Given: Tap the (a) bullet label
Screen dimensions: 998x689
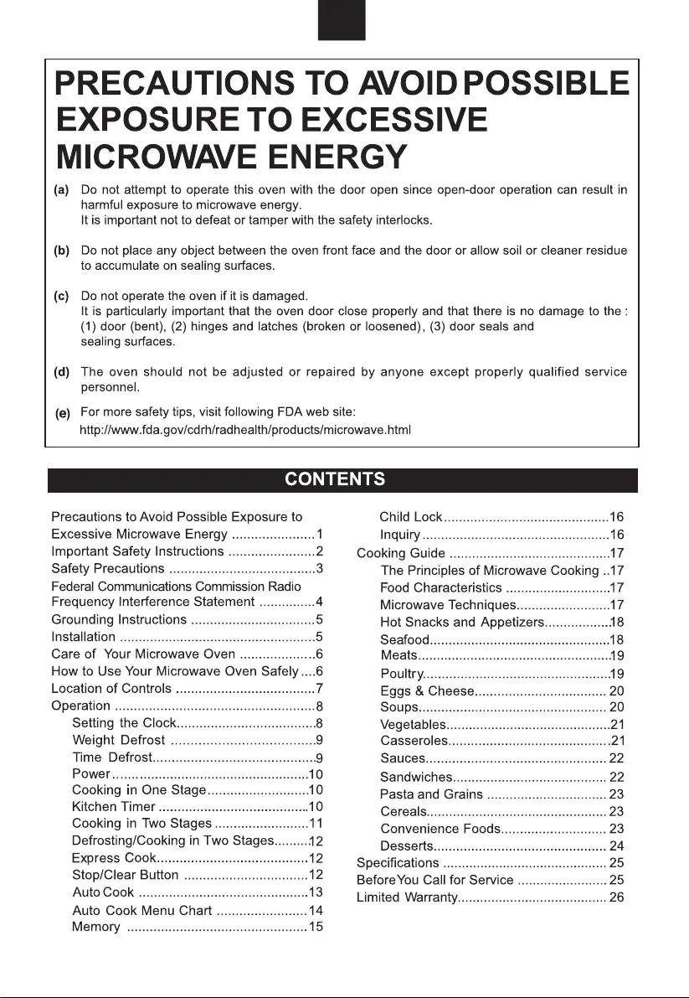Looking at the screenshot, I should (62, 190).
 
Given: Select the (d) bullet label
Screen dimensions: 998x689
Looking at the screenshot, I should (62, 372).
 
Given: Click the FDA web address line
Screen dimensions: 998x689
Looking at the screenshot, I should (244, 430).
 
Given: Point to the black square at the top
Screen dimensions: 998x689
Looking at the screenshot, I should (342, 20).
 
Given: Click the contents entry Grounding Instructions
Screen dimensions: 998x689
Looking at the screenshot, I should (119, 620).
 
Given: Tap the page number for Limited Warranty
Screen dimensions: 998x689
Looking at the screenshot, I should (617, 898).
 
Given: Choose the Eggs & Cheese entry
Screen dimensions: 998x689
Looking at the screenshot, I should (427, 691).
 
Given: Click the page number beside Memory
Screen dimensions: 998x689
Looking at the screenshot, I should (316, 926).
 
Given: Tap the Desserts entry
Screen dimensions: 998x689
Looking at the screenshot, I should (407, 845).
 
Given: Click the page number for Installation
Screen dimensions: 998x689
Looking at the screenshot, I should (319, 637).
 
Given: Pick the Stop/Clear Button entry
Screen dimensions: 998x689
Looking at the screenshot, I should (126, 875).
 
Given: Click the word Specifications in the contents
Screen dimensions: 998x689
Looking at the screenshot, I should (398, 863).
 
